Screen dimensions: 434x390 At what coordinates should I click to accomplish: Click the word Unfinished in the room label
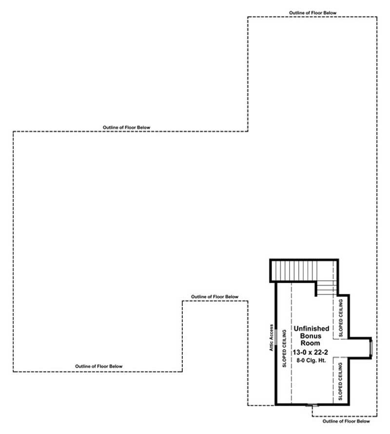coord(312,329)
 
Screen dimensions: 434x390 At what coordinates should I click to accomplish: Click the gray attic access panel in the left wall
coord(276,337)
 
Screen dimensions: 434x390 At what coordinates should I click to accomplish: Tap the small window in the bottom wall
coord(312,405)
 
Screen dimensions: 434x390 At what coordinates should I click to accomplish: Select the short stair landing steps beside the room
coord(326,289)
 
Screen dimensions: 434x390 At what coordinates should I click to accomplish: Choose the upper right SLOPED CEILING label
coord(341,317)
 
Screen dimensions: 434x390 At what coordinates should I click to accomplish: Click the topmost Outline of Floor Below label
coord(312,13)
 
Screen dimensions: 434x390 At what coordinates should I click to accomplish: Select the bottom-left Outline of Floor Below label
coord(98,366)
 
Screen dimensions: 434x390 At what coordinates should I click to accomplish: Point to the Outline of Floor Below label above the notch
coord(214,297)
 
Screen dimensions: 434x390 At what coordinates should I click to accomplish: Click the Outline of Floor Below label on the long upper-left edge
coord(126,127)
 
